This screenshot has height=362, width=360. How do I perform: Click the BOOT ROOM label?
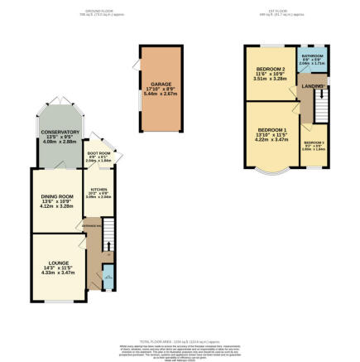(x=99, y=152)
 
